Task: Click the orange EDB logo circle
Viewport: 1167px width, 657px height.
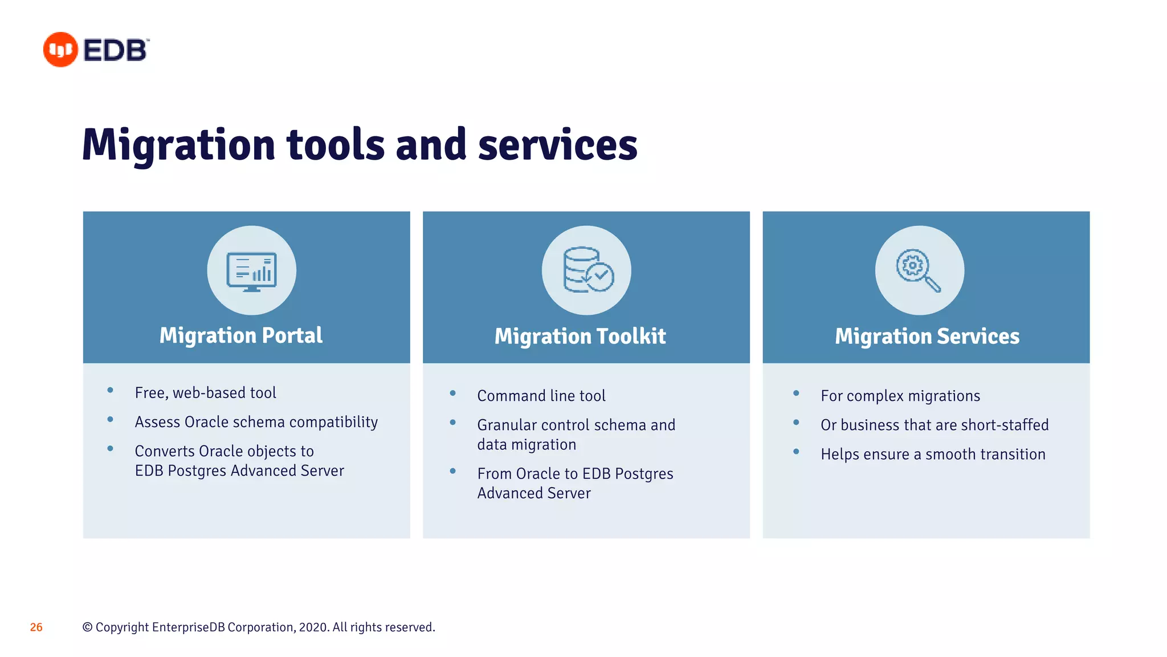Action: coord(60,50)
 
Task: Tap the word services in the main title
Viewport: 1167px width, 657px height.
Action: coord(557,145)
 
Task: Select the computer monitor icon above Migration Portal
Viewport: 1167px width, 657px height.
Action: coord(251,271)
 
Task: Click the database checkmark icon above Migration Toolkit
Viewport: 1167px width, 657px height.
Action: coord(587,270)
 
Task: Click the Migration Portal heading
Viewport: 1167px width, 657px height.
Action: coord(240,335)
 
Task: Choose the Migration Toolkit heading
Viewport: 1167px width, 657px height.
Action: coord(580,336)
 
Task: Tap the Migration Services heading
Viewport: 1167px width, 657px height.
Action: coord(927,336)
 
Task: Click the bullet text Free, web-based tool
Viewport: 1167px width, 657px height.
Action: coord(205,393)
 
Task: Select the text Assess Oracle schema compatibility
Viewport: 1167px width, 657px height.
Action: coord(256,422)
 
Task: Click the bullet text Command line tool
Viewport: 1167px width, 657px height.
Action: coord(541,396)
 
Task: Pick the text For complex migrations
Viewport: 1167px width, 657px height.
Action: coord(900,396)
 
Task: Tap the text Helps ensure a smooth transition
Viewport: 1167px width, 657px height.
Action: coord(933,455)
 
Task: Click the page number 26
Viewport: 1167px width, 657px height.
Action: coord(36,627)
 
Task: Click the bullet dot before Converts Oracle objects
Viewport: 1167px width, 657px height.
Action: coord(110,449)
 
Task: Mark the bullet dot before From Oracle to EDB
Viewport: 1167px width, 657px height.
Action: coord(452,471)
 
